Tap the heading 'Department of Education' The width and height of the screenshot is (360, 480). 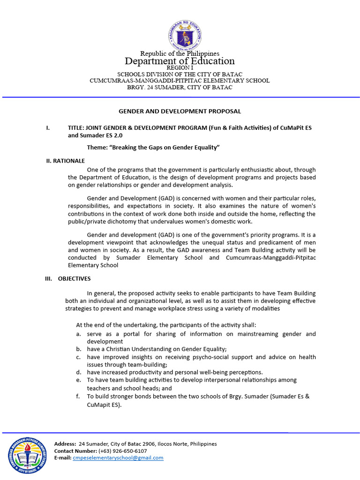(180, 61)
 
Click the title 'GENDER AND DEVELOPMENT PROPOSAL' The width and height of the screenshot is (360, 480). (180, 112)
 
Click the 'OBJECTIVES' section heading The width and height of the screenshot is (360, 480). (74, 278)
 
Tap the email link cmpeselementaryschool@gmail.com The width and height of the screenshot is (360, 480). (118, 458)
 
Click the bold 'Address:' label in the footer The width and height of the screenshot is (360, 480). (65, 444)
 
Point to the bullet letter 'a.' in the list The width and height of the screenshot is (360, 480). (79, 334)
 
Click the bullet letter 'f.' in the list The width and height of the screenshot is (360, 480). (79, 397)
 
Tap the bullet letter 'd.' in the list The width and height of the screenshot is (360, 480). (79, 372)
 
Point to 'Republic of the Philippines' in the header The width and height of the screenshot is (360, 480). (180, 54)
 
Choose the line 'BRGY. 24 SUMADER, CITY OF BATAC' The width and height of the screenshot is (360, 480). (180, 88)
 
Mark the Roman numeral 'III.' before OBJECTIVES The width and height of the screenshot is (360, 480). (49, 278)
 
